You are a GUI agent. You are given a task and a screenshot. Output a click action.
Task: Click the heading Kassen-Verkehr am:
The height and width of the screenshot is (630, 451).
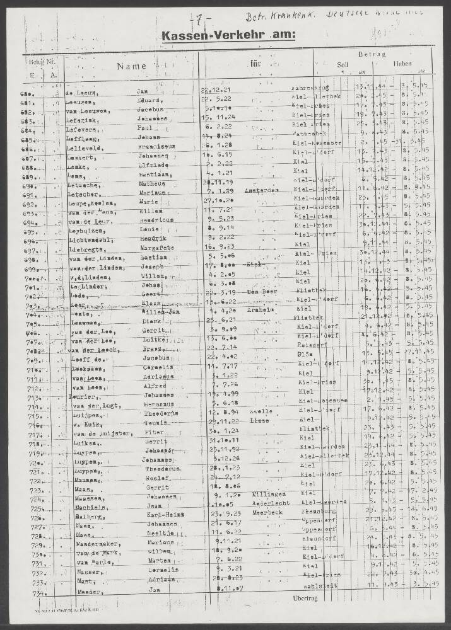point(228,37)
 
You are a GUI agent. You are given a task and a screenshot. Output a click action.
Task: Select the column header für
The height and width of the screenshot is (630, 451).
point(255,64)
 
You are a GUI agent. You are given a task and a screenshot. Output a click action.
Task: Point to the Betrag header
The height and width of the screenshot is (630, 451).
point(372,55)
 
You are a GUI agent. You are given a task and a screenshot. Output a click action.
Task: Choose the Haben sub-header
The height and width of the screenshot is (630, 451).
point(402,64)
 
